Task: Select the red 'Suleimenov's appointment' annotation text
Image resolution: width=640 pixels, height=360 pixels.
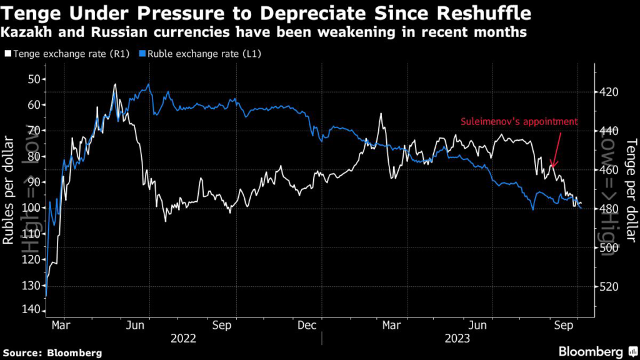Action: point(519,122)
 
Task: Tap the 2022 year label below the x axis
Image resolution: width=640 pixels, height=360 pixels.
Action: point(184,338)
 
